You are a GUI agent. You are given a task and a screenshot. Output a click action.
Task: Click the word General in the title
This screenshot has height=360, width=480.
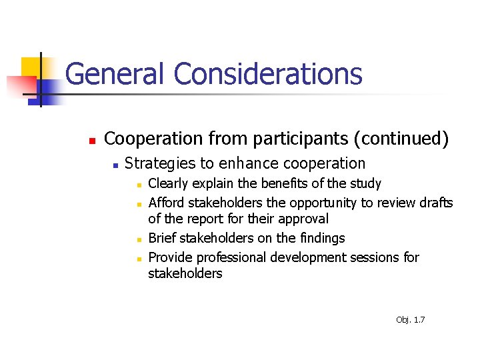(115, 74)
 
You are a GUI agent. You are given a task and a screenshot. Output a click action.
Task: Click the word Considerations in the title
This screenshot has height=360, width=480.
(268, 74)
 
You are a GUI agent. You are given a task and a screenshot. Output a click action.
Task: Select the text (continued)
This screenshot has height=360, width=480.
(401, 139)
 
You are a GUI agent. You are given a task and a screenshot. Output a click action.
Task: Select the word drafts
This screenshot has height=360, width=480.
(434, 202)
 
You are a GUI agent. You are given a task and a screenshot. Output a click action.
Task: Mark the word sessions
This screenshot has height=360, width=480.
(375, 257)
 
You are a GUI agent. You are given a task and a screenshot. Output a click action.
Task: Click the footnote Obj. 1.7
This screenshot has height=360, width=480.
(410, 320)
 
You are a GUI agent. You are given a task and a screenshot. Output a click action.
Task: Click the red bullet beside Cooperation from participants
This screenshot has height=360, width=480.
(92, 141)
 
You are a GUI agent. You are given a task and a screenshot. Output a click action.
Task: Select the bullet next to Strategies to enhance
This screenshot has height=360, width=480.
(115, 165)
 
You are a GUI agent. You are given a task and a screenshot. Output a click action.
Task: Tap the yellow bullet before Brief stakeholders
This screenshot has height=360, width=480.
(139, 239)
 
